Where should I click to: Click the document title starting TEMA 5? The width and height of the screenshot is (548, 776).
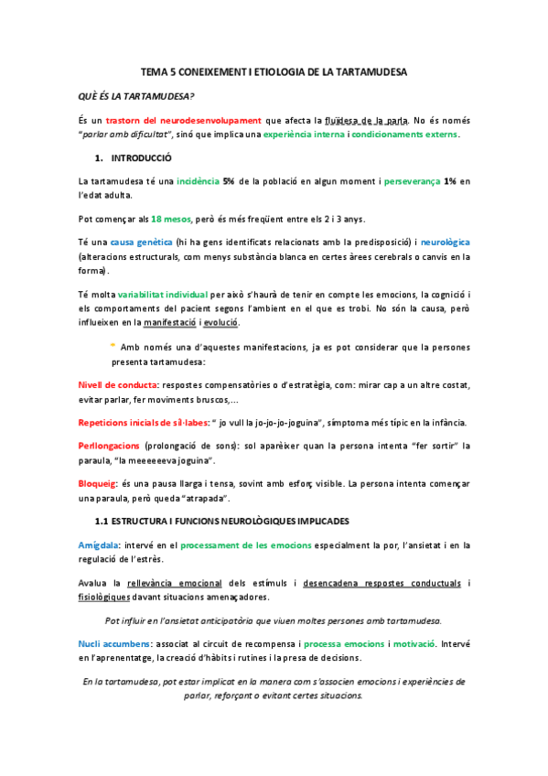[x=274, y=71]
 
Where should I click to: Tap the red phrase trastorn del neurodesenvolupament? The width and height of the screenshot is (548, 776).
[x=184, y=121]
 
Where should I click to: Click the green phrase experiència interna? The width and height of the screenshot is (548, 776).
[x=305, y=135]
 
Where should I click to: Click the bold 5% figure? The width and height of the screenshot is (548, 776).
[x=231, y=182]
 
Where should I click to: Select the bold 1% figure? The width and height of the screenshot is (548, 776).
[x=450, y=182]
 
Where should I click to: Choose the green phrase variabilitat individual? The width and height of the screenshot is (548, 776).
[x=162, y=296]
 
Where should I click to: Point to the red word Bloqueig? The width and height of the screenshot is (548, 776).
[x=99, y=483]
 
